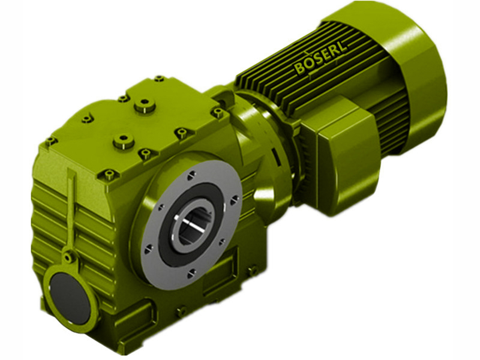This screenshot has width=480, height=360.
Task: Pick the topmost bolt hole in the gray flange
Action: coord(190,175)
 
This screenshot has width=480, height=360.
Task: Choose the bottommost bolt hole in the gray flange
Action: coord(191,273)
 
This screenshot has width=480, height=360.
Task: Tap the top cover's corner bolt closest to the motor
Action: coord(159,79)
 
